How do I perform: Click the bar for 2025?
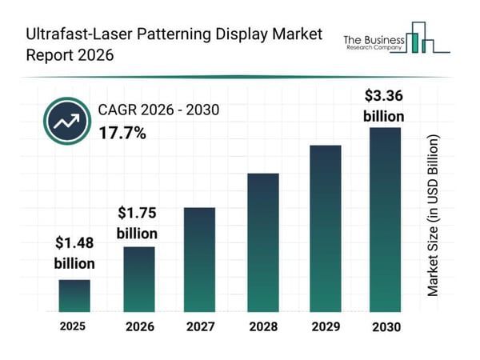pos(74,295)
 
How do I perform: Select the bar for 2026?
pos(139,278)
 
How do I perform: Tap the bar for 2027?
pos(200,259)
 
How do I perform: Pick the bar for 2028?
pos(262,242)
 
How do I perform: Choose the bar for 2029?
pos(325,228)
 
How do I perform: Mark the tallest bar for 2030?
pos(384,219)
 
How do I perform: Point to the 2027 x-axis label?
pos(200,326)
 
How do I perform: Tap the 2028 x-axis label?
pos(262,326)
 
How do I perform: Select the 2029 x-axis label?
pos(325,326)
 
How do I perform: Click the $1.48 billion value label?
pos(74,253)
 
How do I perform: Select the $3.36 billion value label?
pos(383,105)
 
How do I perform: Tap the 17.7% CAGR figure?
pos(122,133)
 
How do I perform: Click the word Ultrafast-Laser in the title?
pos(69,34)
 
